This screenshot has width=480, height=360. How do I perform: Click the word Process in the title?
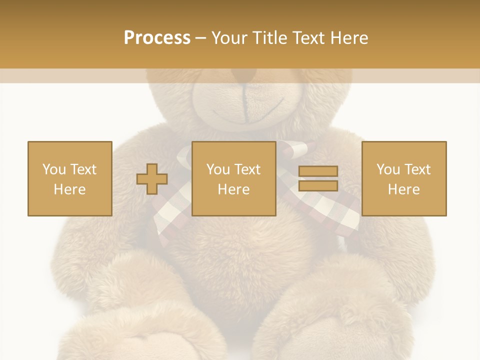tap(157, 38)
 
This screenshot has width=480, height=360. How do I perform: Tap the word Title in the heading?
tap(270, 38)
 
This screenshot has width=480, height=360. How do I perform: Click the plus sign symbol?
tap(152, 178)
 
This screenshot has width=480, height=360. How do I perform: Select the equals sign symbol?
tap(318, 178)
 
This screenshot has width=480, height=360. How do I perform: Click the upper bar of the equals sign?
tap(318, 171)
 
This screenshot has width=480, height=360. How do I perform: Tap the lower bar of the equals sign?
tap(318, 185)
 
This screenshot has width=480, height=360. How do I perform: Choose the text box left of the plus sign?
tap(69, 178)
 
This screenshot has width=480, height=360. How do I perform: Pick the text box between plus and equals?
tap(233, 178)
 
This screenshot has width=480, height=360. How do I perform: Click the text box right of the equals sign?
tap(403, 178)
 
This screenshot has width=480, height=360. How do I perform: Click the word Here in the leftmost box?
tap(69, 189)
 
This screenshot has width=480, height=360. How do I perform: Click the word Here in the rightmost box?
tap(403, 189)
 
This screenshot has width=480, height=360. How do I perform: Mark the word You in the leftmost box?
tap(53, 169)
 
